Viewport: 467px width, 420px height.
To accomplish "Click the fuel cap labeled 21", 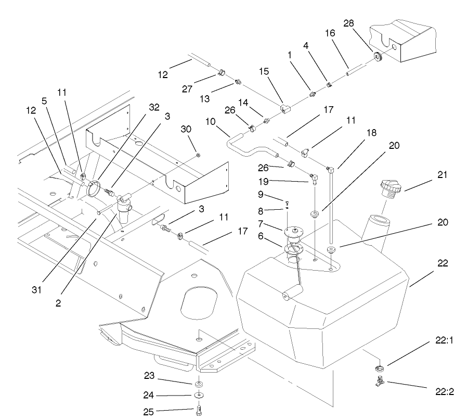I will click(390, 188).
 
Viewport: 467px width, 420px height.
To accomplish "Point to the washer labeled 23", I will click(199, 384).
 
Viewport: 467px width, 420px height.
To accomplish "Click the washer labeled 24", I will click(199, 396).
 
